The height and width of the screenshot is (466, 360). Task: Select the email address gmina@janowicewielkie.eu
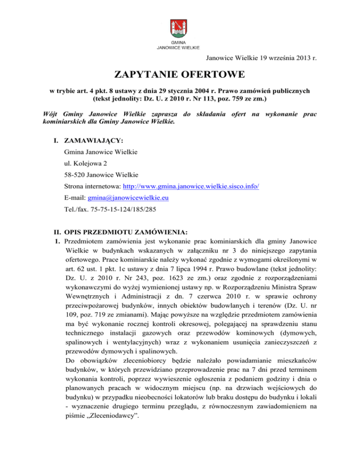coord(121,198)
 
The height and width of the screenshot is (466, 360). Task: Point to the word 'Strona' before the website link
coord(76,187)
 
